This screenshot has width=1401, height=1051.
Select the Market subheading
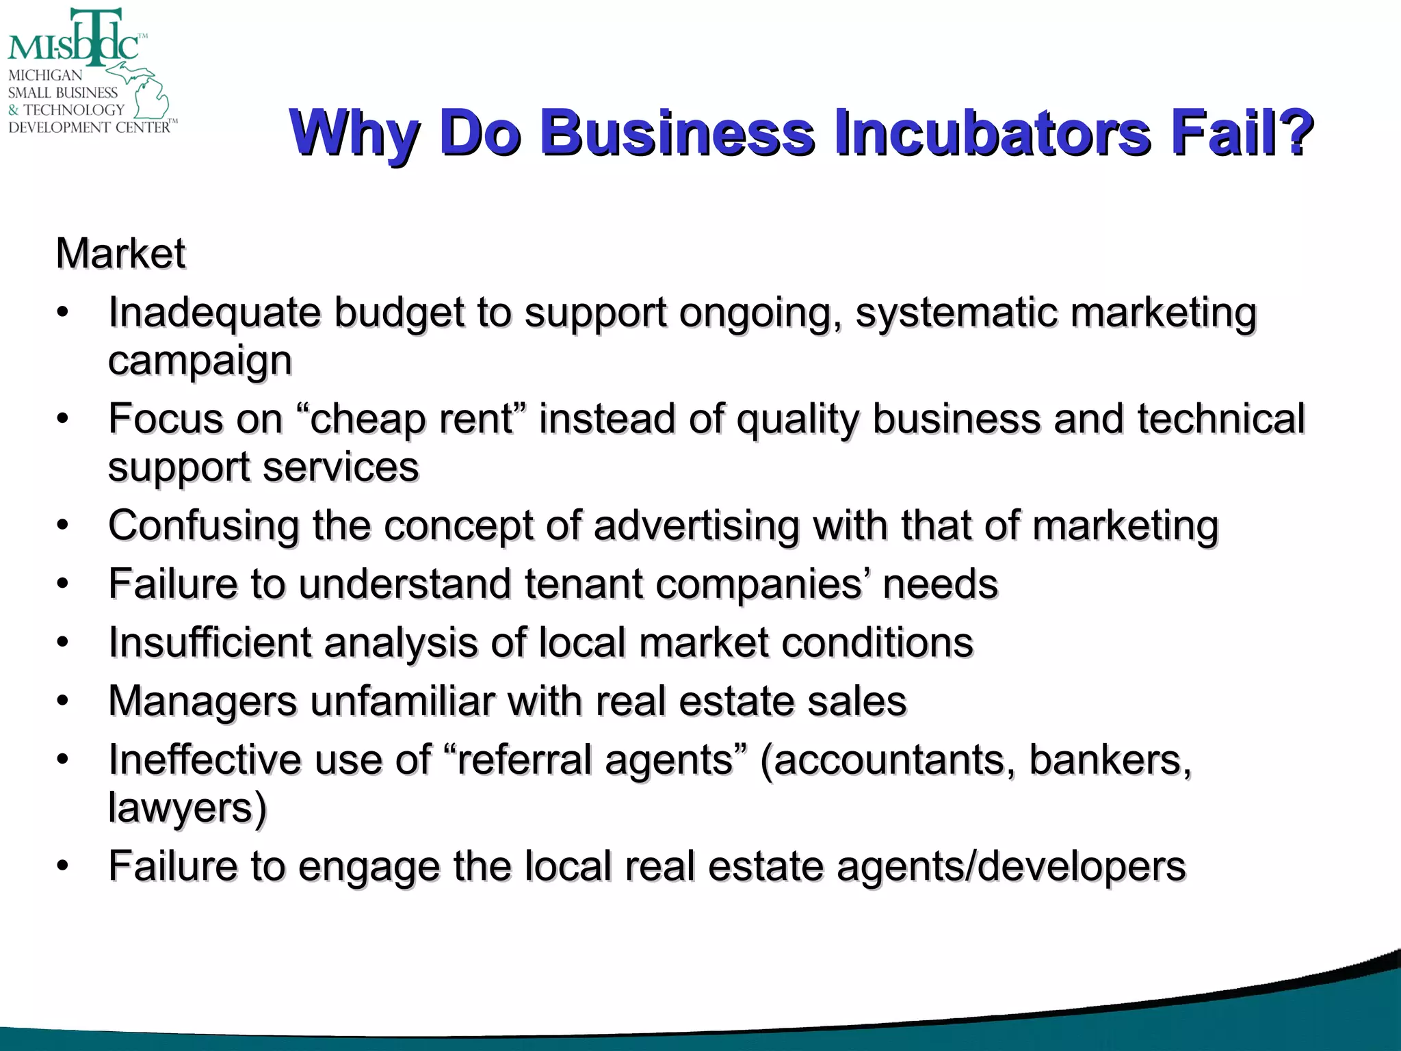[120, 254]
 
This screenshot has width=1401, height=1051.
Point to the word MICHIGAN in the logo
[45, 75]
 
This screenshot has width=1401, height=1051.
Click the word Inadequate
[214, 313]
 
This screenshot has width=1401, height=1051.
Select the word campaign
[200, 362]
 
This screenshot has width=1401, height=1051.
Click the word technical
[1221, 419]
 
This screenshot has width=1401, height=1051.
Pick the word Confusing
[203, 526]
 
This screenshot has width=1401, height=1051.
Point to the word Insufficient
[209, 643]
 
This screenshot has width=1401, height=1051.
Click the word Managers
[202, 702]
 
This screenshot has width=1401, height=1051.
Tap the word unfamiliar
[403, 702]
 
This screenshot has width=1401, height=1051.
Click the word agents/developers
[1011, 867]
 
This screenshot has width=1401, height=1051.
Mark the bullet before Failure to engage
[63, 867]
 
